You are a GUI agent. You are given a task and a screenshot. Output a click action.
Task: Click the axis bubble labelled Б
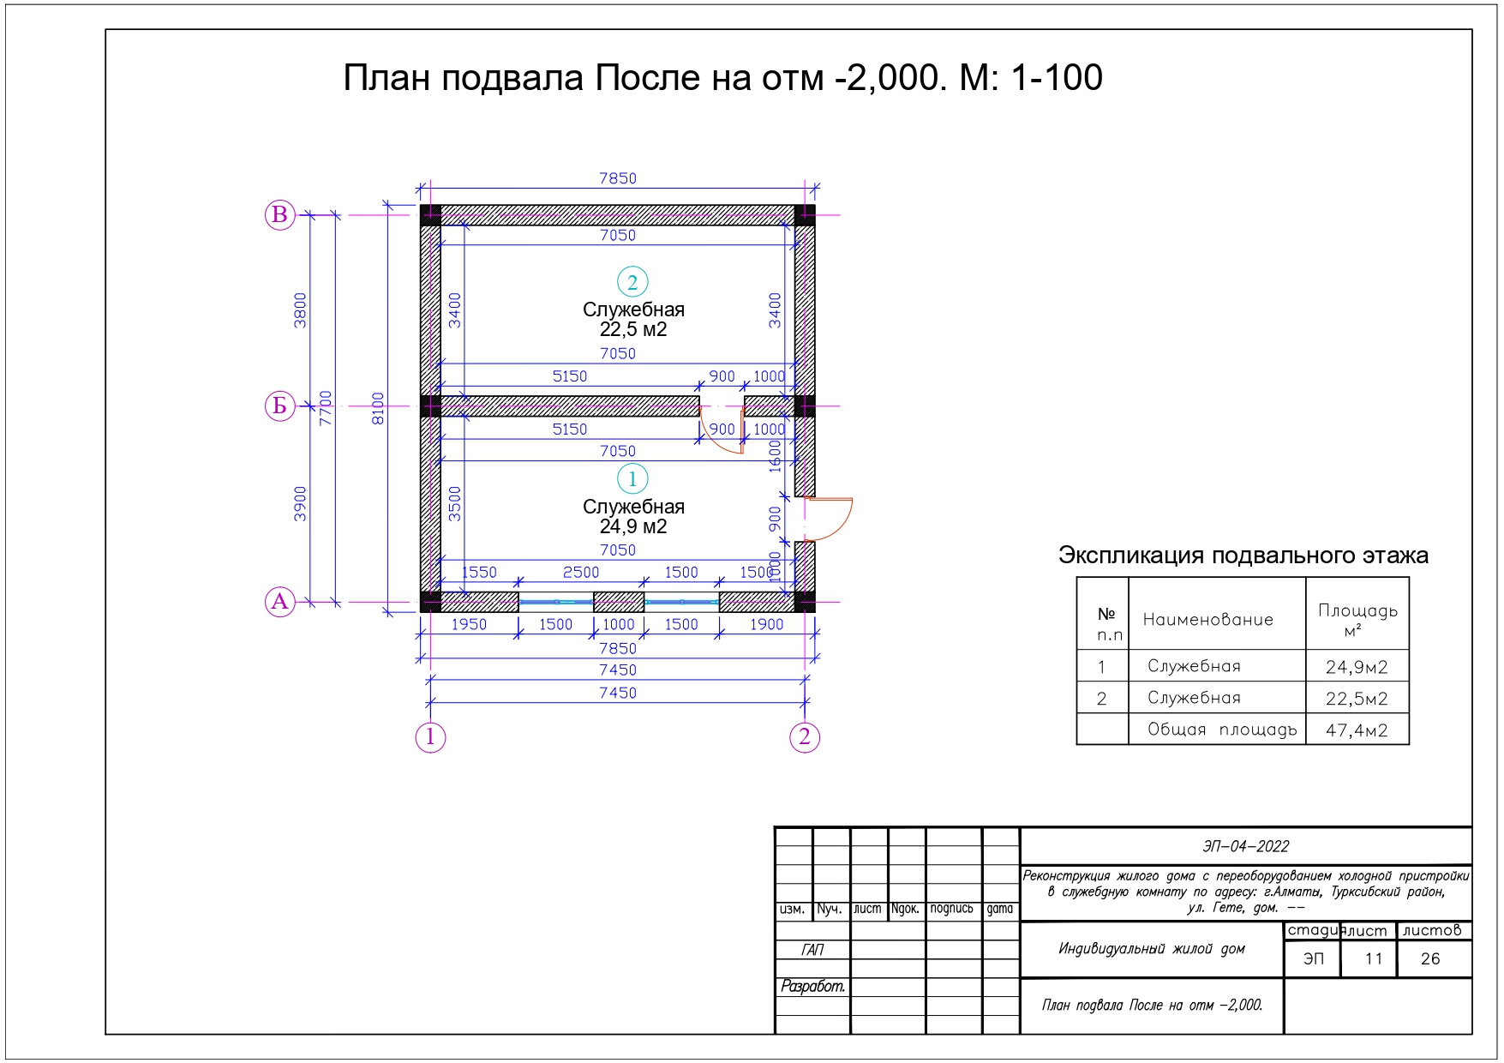click(x=279, y=405)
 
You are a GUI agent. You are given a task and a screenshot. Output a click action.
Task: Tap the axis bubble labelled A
click(x=279, y=602)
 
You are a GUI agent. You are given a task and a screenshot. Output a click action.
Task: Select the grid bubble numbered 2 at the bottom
click(x=805, y=737)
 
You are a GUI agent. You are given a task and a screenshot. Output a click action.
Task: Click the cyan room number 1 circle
click(x=632, y=479)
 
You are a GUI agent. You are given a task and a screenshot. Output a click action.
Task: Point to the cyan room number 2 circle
click(x=632, y=282)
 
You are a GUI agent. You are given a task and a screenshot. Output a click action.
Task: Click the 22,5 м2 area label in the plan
click(x=633, y=330)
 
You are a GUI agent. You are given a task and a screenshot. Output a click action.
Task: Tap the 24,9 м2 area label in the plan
click(x=633, y=527)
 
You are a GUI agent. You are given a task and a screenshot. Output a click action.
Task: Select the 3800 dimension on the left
click(x=300, y=309)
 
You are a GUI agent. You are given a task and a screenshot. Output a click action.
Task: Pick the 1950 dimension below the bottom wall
click(x=469, y=625)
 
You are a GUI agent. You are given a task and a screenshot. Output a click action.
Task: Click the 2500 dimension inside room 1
click(x=581, y=573)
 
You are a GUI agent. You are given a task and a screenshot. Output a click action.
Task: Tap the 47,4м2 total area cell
click(x=1357, y=730)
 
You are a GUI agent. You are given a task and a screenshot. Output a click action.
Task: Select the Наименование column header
click(x=1208, y=620)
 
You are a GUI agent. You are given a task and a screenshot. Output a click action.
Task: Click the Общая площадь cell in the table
click(x=1222, y=730)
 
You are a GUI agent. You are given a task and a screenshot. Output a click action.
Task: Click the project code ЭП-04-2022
click(x=1246, y=847)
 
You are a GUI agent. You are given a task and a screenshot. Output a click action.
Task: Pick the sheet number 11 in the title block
click(x=1374, y=958)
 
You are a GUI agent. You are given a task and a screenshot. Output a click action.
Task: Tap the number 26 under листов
click(x=1430, y=958)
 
